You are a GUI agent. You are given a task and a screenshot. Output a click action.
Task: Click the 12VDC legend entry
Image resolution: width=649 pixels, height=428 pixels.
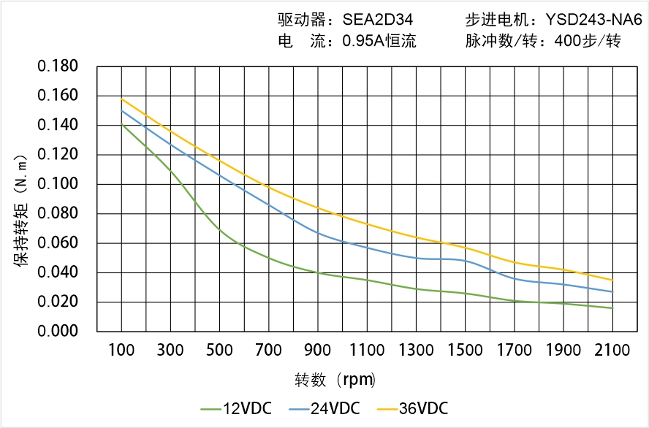[237, 408]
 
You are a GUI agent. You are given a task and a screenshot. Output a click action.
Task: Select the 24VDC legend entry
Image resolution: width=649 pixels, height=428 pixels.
[324, 408]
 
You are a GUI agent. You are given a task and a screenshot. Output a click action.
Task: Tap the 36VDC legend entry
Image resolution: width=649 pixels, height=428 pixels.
[412, 408]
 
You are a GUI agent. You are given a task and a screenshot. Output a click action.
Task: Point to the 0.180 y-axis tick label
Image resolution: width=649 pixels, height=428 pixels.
[58, 67]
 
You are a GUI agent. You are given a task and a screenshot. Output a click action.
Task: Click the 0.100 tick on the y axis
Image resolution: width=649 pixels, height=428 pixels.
[58, 184]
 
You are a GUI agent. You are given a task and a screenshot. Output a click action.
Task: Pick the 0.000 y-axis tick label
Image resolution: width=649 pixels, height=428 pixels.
[58, 331]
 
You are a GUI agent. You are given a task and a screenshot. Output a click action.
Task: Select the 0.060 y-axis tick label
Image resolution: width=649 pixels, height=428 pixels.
[58, 243]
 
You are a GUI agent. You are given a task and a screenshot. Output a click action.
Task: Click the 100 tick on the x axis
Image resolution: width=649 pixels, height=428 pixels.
[121, 351]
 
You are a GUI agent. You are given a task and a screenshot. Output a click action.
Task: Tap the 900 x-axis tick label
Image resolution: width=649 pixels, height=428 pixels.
[318, 351]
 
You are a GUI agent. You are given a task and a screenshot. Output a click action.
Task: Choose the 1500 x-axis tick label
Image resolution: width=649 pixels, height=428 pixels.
[465, 351]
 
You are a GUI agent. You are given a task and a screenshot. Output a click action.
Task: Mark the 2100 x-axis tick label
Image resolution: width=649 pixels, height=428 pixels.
[612, 351]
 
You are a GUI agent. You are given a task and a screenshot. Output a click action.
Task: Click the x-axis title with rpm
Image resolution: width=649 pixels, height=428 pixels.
[335, 380]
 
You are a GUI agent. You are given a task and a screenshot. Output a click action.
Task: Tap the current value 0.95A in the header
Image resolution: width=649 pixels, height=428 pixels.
[364, 41]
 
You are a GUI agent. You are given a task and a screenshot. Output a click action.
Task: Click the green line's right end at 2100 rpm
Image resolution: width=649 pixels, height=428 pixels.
[612, 308]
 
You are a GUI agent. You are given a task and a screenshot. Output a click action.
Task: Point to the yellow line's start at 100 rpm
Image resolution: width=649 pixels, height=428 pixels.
[121, 99]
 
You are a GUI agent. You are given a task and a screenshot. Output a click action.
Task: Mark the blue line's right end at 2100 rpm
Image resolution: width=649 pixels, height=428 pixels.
[612, 292]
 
